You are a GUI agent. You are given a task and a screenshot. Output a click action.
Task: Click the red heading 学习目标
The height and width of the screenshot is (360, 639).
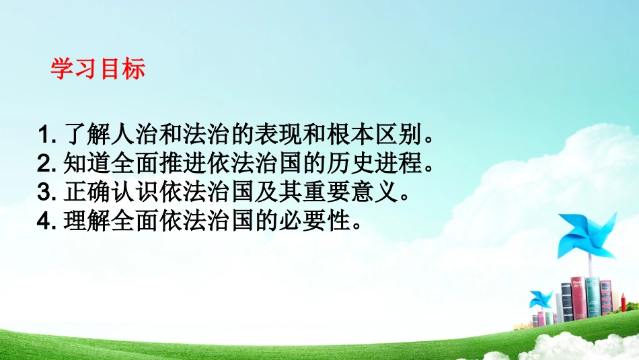[x=98, y=70]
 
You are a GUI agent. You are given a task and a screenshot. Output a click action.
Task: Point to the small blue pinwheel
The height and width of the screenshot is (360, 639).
[x=540, y=299]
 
